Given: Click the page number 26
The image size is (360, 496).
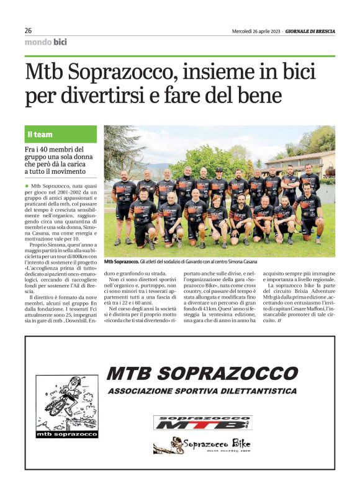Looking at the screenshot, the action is coord(29,30).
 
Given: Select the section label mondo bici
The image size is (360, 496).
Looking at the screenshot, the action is coord(46,42).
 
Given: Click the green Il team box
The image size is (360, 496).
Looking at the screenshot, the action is coord(61,134).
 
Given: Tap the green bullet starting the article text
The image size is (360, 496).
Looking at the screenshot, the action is coord(27,186).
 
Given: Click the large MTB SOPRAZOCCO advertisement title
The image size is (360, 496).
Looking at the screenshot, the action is coord(202,373).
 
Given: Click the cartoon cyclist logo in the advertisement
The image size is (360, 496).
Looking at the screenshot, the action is coord(66,400).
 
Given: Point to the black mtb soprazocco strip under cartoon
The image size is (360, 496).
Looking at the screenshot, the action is coord(66,434).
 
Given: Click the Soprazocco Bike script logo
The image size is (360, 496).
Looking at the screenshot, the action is coord(202,445).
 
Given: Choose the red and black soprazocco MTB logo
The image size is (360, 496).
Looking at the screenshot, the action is coord(202,423).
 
